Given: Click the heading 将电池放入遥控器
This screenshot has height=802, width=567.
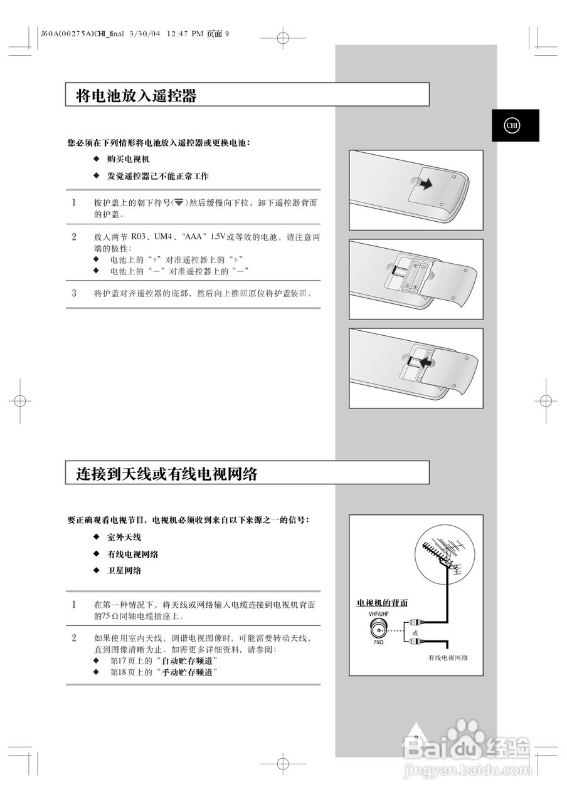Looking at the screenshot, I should (x=136, y=96).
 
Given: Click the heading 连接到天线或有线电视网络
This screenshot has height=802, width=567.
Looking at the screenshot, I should (x=166, y=474).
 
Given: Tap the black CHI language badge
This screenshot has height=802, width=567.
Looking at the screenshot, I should (x=515, y=125).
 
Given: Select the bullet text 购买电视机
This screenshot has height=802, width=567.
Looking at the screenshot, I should (x=128, y=159).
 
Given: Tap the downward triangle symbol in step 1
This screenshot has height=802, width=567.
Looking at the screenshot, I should (x=179, y=202).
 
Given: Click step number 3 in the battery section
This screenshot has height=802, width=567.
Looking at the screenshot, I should (x=74, y=293).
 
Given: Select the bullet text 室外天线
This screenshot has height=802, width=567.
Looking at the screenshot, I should (x=124, y=538).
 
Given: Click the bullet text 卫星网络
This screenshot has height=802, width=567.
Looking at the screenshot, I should (x=124, y=571).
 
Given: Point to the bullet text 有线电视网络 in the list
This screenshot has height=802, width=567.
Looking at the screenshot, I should (x=132, y=555).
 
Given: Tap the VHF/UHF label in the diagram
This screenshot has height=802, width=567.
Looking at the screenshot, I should (x=379, y=614).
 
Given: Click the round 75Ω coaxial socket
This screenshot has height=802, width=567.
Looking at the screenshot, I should (x=378, y=629).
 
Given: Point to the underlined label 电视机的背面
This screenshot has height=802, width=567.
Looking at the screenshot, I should (x=382, y=603).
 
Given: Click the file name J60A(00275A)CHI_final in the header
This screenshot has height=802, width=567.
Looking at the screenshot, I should (x=82, y=34).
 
